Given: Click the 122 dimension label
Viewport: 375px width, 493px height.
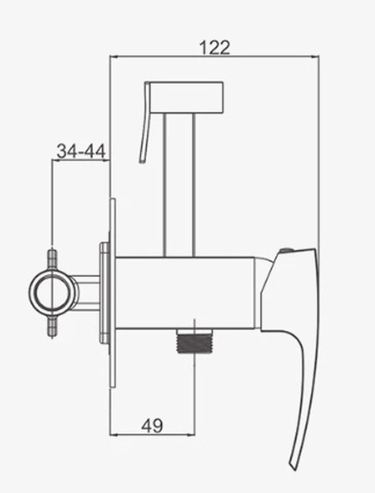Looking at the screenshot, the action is [215, 48].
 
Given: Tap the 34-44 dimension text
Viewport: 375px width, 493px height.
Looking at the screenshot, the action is [81, 151].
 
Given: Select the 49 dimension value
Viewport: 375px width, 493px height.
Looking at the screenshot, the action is [152, 426].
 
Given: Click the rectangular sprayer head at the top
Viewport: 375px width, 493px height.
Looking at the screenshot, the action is [186, 97].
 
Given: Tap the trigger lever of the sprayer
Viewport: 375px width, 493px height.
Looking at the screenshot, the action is [145, 123].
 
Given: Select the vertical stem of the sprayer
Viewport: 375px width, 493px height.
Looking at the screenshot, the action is [179, 185].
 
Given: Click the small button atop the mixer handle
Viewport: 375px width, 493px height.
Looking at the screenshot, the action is [286, 251].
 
